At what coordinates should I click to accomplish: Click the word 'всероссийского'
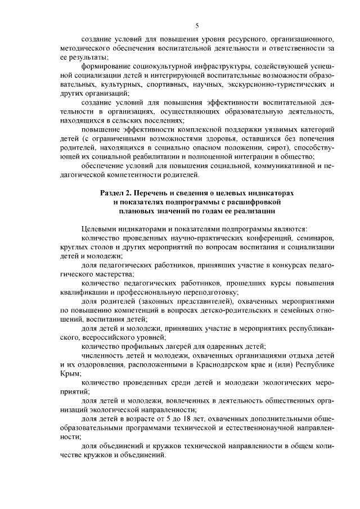click(103, 337)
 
